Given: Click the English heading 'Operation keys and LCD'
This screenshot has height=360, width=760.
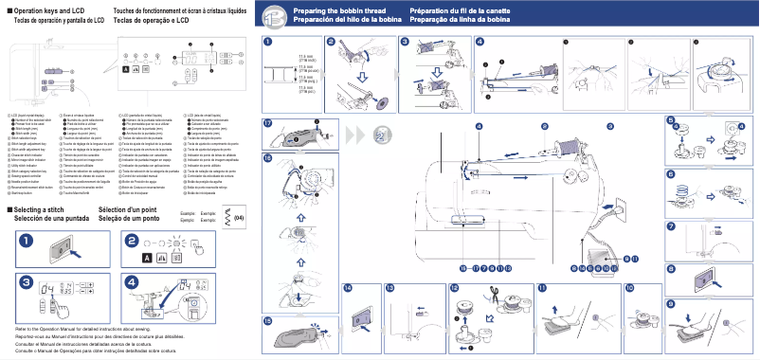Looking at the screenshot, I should (48, 10).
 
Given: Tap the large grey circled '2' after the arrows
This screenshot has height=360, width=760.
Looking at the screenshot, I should (379, 136).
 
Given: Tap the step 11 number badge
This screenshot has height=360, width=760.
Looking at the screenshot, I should (541, 287).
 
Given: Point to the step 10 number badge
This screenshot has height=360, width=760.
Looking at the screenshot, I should (630, 287).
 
